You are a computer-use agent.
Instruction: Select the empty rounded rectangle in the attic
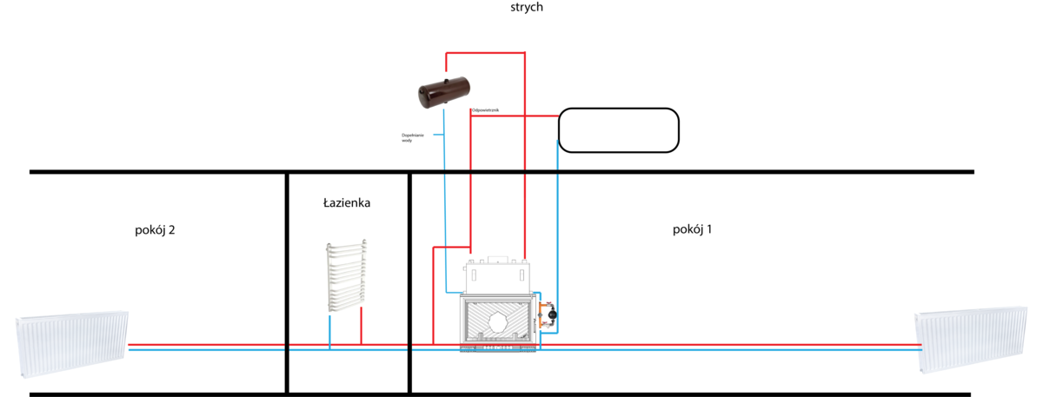pos(617,129)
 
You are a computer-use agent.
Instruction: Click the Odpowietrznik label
pos(484,109)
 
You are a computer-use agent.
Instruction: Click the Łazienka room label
pos(347,203)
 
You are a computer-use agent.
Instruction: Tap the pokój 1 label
pos(692,229)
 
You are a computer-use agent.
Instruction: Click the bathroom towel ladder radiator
pos(346,277)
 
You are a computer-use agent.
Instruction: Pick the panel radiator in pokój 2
pos(73,344)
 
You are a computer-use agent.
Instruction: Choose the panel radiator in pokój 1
pos(970,341)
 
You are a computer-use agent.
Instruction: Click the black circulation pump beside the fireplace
pos(552,314)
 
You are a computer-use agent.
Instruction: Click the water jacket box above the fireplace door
pos(497,276)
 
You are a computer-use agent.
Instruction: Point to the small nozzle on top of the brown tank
pos(446,77)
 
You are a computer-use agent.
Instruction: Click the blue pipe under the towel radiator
pos(329,332)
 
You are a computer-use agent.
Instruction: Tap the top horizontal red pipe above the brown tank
pos(485,54)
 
